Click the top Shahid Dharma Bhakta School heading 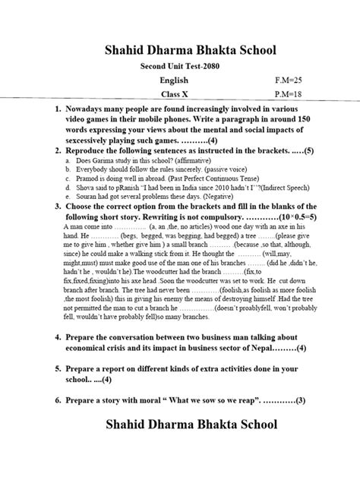pos(179,51)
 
